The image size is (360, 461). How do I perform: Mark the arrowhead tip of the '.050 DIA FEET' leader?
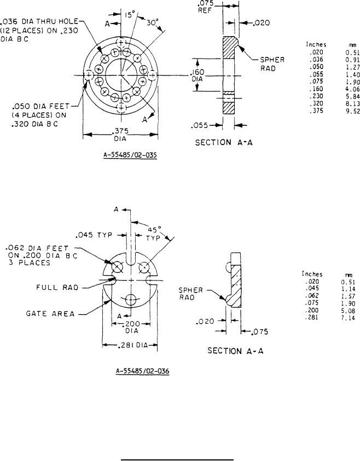[88, 80]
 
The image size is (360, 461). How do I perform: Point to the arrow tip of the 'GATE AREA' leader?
[111, 300]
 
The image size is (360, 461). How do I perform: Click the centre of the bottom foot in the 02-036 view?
[131, 300]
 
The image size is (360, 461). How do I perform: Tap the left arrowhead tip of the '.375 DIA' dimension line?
[83, 135]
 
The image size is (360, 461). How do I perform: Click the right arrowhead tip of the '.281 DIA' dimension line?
[157, 345]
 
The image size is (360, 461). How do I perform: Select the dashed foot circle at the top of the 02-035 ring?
[121, 43]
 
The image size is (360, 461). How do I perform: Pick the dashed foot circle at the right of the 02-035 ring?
[153, 75]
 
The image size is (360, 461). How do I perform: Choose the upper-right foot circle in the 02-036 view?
[145, 267]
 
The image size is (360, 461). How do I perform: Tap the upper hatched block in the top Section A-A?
[229, 48]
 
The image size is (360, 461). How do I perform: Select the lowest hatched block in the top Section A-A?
[229, 108]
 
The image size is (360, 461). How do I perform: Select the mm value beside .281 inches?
[348, 318]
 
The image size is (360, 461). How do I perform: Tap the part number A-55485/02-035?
[130, 155]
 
